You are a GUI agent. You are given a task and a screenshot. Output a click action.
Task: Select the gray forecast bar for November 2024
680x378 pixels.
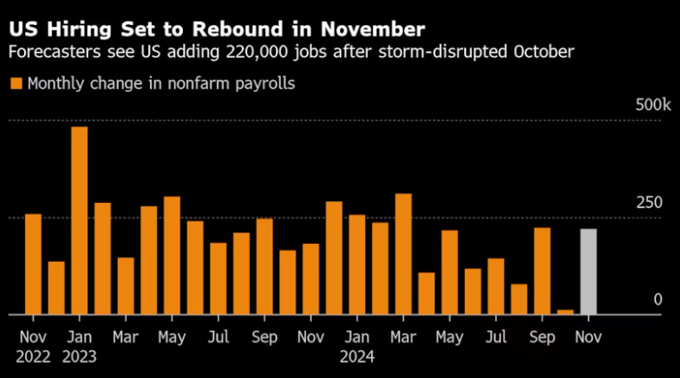(x=588, y=272)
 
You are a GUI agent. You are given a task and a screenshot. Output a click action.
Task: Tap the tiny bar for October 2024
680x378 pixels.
(x=565, y=311)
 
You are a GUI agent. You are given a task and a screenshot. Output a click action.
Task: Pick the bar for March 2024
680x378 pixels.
(x=403, y=254)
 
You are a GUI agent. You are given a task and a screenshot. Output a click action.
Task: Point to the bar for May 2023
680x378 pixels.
(x=172, y=256)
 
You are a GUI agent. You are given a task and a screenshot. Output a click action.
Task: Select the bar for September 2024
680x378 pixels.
(x=542, y=271)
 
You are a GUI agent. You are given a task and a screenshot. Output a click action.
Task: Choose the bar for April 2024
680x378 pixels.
(x=427, y=293)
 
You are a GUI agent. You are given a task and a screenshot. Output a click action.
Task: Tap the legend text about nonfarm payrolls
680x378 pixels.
(x=161, y=84)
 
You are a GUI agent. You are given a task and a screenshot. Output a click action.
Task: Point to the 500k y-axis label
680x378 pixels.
(x=652, y=106)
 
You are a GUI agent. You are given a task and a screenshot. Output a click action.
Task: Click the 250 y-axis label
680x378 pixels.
(x=650, y=204)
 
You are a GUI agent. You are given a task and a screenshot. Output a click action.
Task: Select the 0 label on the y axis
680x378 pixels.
(x=658, y=300)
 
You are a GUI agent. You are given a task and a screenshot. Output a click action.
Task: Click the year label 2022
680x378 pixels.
(x=33, y=357)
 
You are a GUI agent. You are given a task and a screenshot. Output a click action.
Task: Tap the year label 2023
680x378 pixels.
(x=79, y=357)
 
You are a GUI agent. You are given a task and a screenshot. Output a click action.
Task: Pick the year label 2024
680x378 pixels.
(x=357, y=357)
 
